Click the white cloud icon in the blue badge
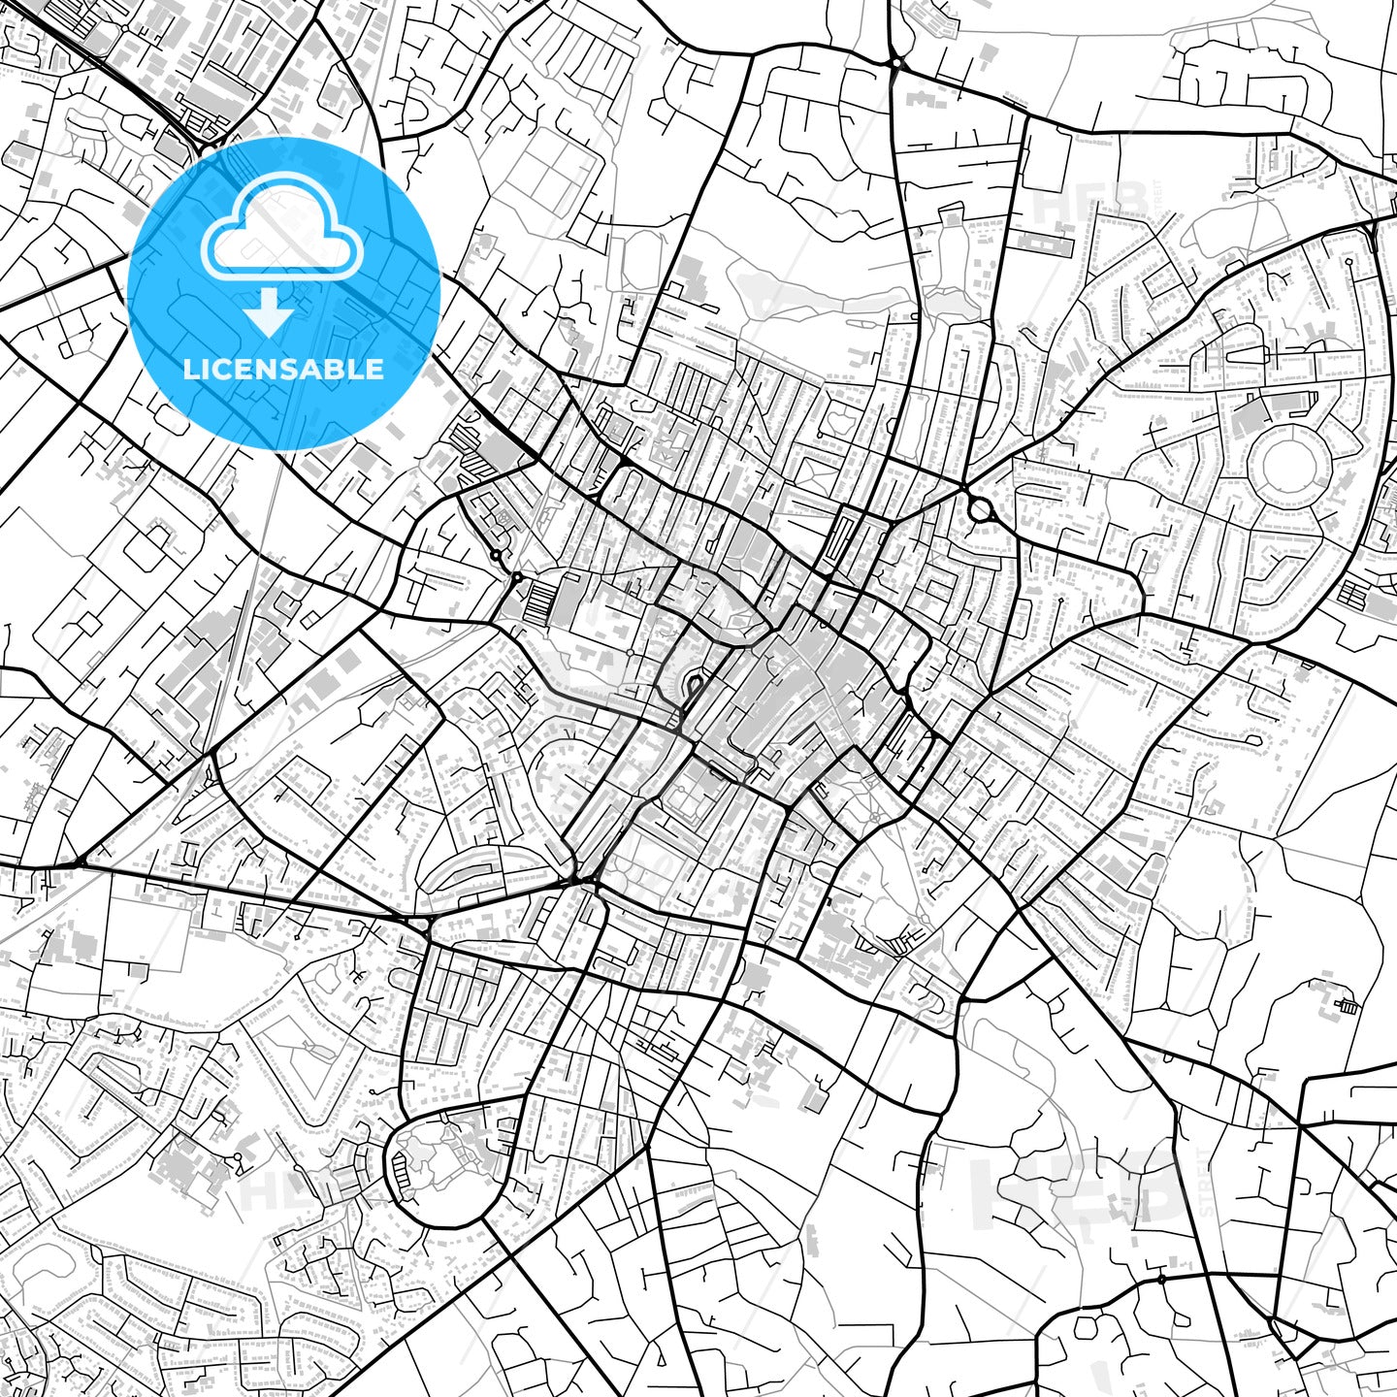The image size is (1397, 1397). coord(281,233)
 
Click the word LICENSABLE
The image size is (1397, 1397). coord(283,369)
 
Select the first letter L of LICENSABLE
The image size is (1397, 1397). coord(190,369)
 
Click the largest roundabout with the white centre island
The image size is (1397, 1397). coord(979,508)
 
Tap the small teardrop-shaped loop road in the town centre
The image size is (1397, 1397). coord(693,689)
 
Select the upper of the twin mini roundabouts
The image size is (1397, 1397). coord(496,556)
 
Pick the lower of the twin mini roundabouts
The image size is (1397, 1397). coord(517,577)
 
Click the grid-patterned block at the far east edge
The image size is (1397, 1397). coord(1355,592)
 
